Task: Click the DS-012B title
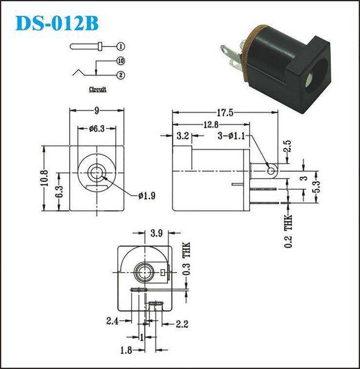pyautogui.click(x=57, y=23)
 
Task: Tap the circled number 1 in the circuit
pyautogui.click(x=121, y=46)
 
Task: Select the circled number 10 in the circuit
pyautogui.click(x=121, y=61)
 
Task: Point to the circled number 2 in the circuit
pyautogui.click(x=121, y=75)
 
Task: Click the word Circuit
pyautogui.click(x=97, y=90)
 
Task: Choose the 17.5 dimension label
pyautogui.click(x=225, y=113)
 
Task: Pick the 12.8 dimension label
pyautogui.click(x=211, y=125)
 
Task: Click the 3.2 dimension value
pyautogui.click(x=183, y=136)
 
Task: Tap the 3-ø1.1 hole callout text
pyautogui.click(x=231, y=136)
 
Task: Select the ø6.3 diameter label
pyautogui.click(x=97, y=129)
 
